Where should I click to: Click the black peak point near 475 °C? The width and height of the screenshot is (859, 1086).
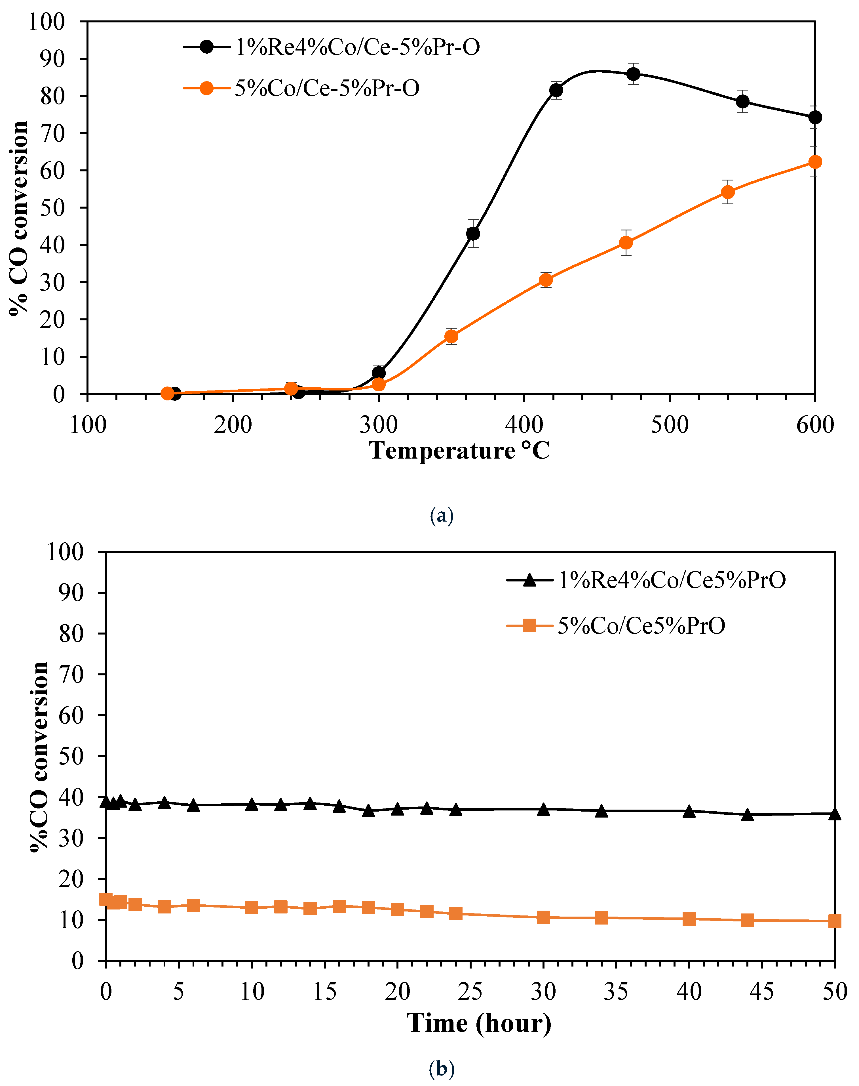tap(633, 74)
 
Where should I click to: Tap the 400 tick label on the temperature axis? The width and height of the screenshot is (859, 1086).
tap(524, 425)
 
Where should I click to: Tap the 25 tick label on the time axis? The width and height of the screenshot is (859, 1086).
tap(470, 992)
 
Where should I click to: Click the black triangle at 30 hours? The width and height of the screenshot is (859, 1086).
tap(543, 810)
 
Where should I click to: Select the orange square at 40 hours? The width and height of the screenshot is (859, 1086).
tap(689, 918)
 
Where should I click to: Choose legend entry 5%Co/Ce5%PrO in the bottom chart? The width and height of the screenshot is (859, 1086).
tap(641, 626)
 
